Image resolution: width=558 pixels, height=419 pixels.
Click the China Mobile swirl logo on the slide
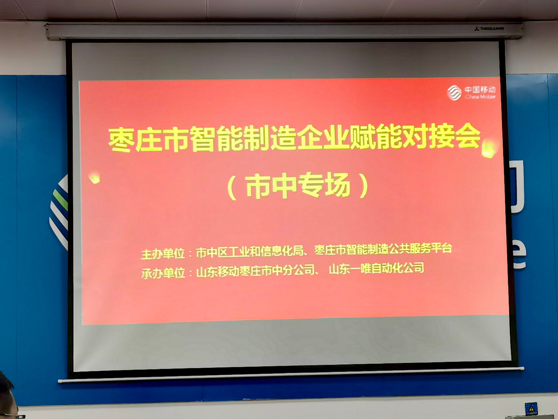click(x=454, y=93)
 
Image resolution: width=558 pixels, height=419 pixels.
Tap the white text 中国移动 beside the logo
click(x=480, y=89)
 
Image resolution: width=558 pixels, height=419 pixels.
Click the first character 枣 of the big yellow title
click(x=121, y=141)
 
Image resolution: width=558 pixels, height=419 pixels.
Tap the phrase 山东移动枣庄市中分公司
click(x=256, y=271)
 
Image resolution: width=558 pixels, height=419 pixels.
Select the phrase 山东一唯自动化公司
click(x=377, y=268)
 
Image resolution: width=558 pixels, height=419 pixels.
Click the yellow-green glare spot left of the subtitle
click(x=94, y=177)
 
